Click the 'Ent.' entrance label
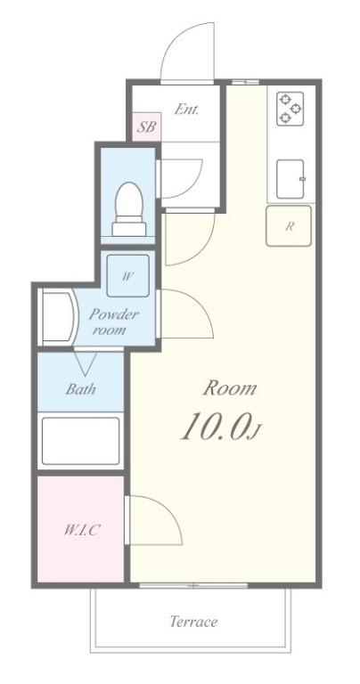coord(186,110)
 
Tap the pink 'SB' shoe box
coord(147,126)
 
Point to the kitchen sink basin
coord(290,179)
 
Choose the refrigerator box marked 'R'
coord(289,225)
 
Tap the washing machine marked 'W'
coord(127,275)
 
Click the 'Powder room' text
coord(113,322)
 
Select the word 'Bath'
coord(81,388)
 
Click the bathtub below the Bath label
coord(81,440)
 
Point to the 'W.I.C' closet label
coord(81,530)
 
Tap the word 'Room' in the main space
coord(230,388)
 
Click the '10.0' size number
coord(214,429)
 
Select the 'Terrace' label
coord(193,622)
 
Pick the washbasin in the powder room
coord(54,319)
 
